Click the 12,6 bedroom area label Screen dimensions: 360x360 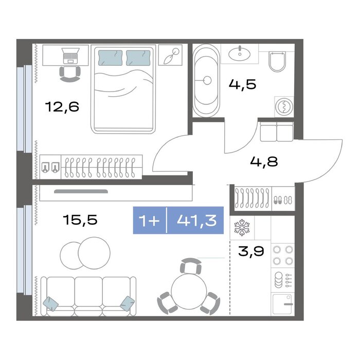(62, 107)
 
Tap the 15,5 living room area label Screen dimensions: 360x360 (80, 220)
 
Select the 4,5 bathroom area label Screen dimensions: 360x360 (242, 84)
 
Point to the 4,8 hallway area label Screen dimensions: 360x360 (264, 161)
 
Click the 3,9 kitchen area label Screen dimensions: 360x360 (251, 251)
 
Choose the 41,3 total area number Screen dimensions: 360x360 (197, 221)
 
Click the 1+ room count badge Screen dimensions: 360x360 (149, 221)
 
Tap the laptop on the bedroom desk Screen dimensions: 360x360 (71, 56)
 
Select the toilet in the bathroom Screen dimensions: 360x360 (277, 61)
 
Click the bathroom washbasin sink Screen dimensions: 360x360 (240, 54)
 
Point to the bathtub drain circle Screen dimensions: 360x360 (207, 80)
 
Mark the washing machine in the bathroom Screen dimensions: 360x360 (284, 106)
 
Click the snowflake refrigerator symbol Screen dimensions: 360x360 (242, 227)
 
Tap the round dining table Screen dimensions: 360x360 (189, 292)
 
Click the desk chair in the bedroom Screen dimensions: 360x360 (70, 74)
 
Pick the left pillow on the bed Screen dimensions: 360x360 (110, 58)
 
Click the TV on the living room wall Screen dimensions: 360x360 (81, 191)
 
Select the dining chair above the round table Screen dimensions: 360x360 (191, 266)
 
